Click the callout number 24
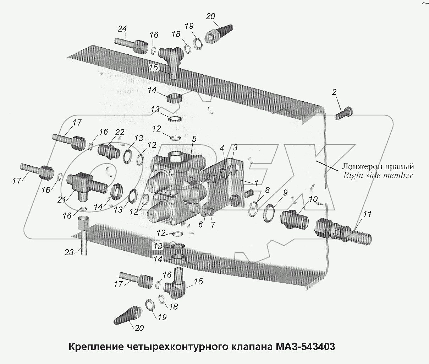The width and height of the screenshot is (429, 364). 122,28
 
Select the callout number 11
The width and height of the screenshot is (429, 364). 367,214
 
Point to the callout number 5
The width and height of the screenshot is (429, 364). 194,139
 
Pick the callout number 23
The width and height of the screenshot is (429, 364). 69,252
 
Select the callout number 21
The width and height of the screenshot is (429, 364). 62,200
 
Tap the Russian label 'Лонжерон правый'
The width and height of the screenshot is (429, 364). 378,166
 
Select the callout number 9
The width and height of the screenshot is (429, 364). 285,193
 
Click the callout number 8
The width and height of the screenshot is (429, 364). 267,190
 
